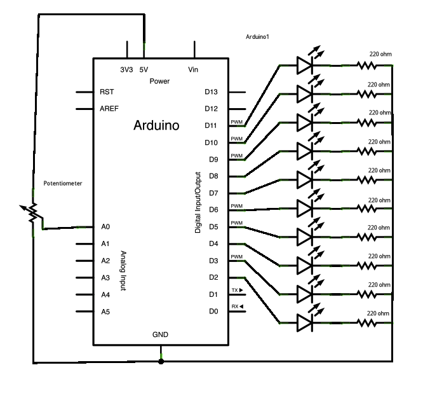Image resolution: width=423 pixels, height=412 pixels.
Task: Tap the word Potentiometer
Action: (63, 184)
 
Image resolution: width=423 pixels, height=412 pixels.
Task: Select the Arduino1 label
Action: (257, 37)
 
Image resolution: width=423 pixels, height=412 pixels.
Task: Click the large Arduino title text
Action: (156, 125)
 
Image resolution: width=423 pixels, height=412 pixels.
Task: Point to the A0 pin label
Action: (105, 226)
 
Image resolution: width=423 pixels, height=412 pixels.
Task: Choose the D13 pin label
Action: (211, 92)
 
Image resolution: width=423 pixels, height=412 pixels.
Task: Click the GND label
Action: (160, 334)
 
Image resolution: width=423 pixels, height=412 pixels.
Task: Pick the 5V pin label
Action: (144, 69)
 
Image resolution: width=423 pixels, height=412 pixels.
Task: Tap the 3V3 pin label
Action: (126, 69)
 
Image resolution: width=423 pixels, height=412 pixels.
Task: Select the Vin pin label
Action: (194, 69)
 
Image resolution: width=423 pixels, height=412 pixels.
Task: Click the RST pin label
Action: (107, 92)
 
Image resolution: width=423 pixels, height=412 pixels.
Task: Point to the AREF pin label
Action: (109, 109)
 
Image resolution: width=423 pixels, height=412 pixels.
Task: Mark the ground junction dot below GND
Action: (161, 361)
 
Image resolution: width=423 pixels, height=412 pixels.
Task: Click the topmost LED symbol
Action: (304, 64)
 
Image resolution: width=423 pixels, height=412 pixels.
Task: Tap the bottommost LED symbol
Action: (304, 322)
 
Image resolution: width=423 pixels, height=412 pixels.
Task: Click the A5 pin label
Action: (105, 312)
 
